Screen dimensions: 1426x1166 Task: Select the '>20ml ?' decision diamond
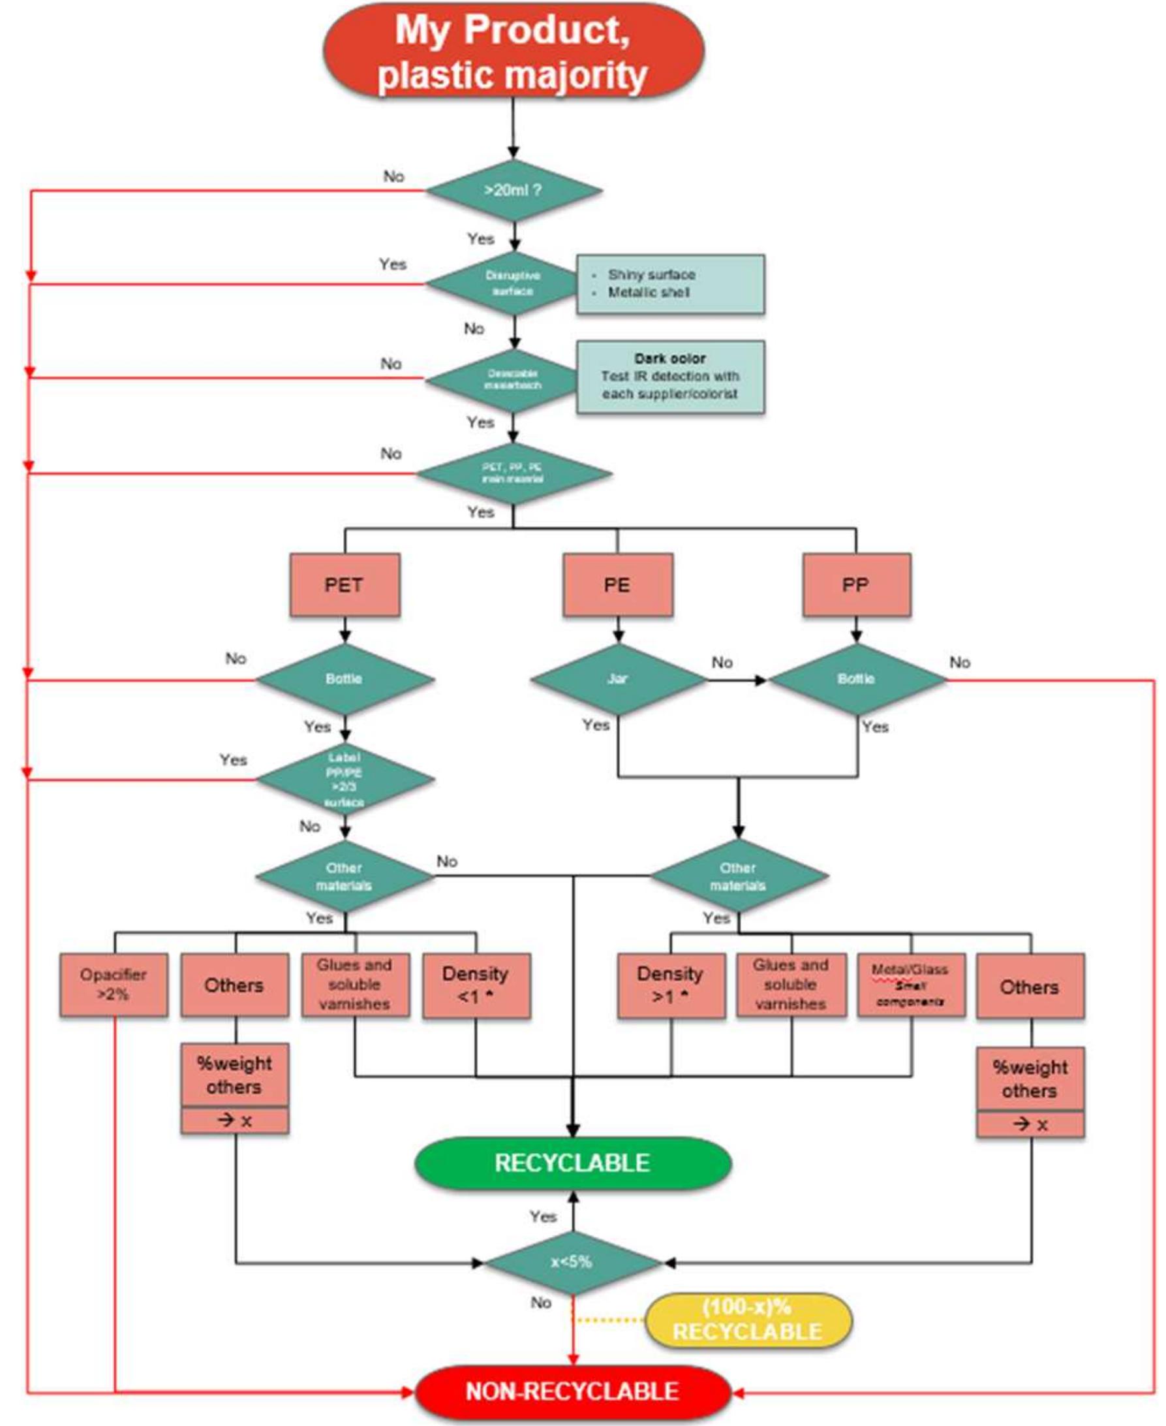tap(513, 191)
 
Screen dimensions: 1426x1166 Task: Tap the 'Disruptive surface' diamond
tap(513, 283)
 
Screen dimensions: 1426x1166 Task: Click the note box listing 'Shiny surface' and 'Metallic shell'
tap(669, 283)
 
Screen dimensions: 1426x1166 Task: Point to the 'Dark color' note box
tap(669, 377)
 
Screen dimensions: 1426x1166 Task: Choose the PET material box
tap(345, 584)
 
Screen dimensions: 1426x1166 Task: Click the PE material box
tap(617, 584)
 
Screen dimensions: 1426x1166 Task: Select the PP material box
tap(855, 584)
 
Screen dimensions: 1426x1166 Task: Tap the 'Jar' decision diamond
tap(617, 680)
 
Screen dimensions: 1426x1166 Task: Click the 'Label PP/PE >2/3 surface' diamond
tap(345, 780)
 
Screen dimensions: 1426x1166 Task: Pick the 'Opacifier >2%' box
tap(114, 985)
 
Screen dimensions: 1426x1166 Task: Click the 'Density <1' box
tap(476, 985)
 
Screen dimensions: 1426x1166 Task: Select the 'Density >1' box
tap(670, 985)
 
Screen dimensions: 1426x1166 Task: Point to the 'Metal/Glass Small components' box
tap(911, 985)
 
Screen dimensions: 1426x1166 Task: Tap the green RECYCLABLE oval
tap(572, 1164)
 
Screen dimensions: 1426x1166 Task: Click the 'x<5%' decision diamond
tap(572, 1263)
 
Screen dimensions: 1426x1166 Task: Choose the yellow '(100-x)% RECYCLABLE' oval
tap(748, 1320)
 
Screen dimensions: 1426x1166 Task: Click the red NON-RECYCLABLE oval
tap(572, 1391)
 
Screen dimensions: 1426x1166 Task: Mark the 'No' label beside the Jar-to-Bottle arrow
tap(722, 663)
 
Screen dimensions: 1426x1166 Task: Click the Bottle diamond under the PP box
tap(855, 680)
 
